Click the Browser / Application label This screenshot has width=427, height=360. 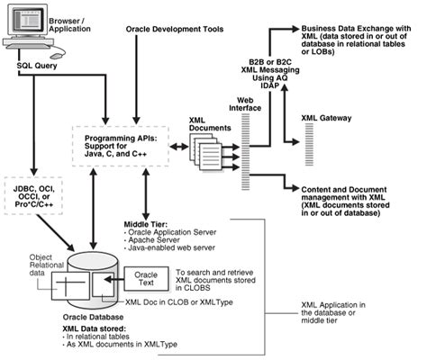(x=67, y=18)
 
